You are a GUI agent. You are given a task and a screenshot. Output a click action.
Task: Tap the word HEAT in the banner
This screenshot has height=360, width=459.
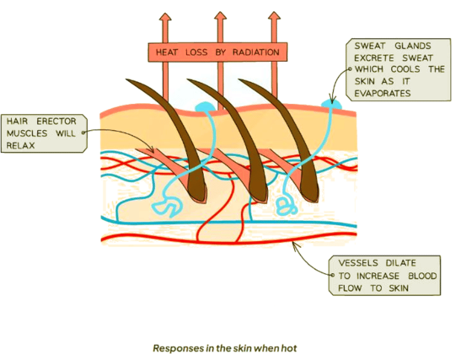point(168,53)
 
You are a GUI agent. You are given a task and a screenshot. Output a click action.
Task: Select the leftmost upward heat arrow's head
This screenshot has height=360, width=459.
point(165,19)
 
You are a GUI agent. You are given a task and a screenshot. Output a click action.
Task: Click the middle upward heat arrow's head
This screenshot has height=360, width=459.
point(220,19)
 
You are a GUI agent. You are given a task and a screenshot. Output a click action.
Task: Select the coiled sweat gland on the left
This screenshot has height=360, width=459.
point(164,205)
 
